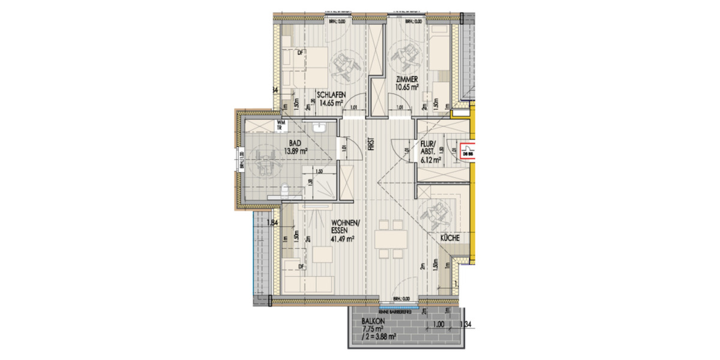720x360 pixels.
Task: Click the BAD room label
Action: click(x=295, y=144)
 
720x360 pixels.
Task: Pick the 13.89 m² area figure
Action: click(x=295, y=151)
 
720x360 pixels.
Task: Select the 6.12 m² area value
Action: click(x=431, y=160)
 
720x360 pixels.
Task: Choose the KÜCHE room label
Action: click(x=450, y=239)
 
